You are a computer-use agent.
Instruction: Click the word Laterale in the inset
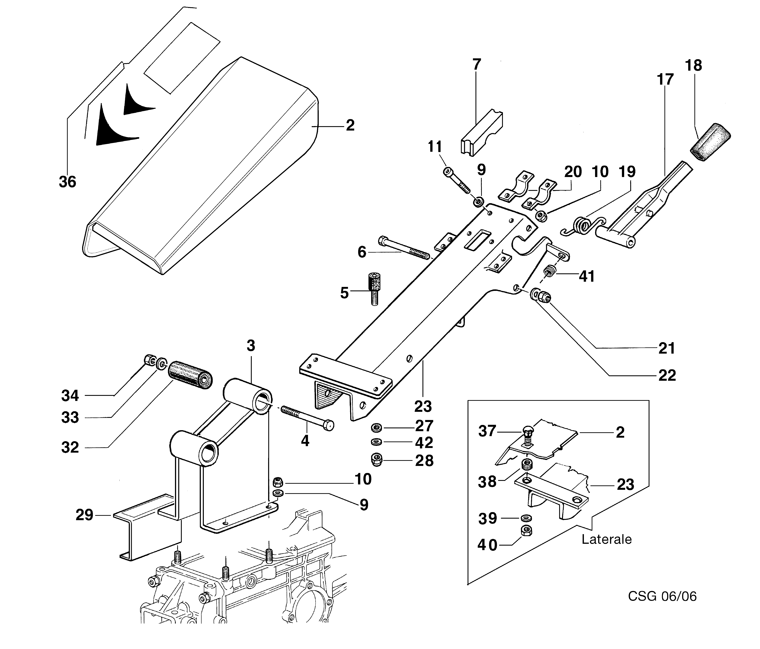tap(607, 539)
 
